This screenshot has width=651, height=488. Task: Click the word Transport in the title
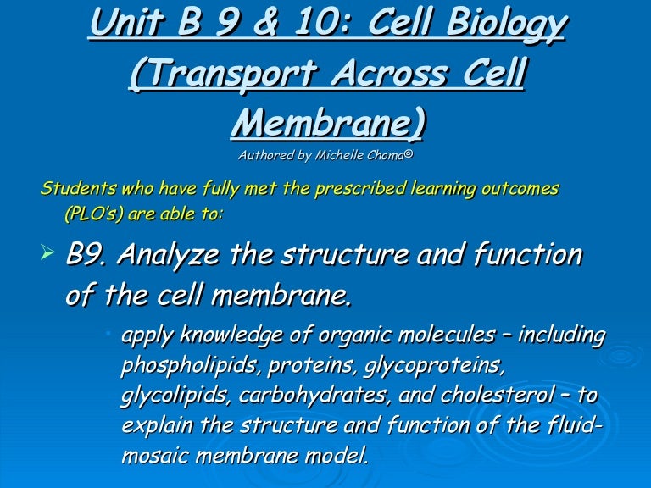click(224, 73)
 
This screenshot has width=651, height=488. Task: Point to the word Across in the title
click(390, 73)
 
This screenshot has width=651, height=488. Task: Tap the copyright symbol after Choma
click(409, 153)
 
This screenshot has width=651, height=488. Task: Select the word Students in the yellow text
click(78, 188)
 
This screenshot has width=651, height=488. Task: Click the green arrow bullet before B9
click(47, 252)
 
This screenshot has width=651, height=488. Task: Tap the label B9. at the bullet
click(87, 253)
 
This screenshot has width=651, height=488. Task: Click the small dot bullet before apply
click(108, 333)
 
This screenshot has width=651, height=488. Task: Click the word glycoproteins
click(433, 366)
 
